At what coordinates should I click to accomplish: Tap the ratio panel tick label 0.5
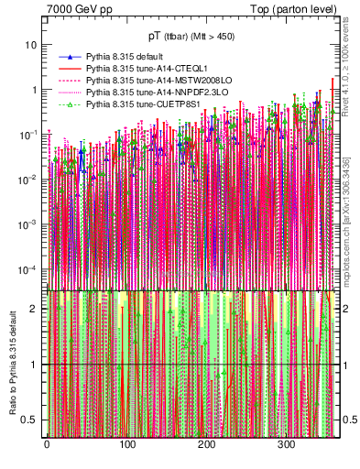click(30, 420)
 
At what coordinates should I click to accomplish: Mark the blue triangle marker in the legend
click(69, 57)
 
